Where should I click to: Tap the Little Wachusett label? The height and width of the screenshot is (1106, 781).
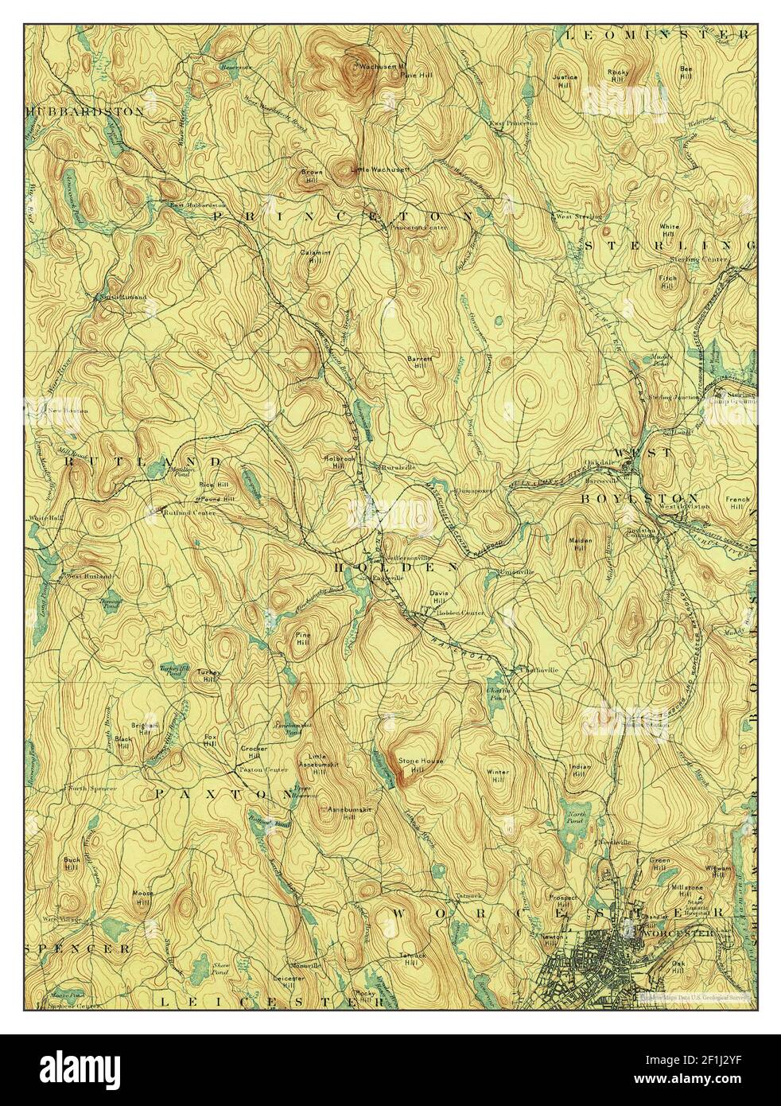point(386,169)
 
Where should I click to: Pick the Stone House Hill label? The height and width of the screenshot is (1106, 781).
point(421,765)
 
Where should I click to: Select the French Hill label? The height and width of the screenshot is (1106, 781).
point(737,503)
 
